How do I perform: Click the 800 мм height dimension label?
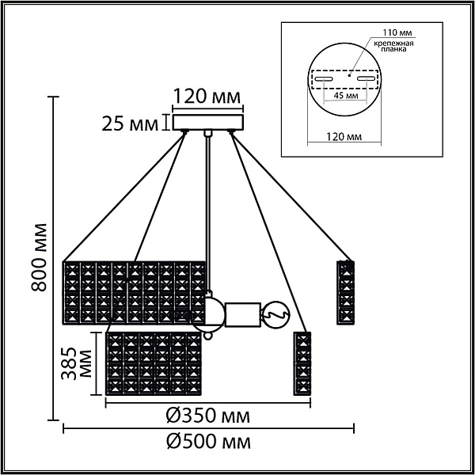40,257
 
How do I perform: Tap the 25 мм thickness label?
130,123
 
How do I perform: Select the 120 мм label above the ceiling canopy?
207,97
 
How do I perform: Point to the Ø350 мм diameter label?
208,416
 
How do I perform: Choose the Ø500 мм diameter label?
208,443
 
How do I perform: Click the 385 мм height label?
76,363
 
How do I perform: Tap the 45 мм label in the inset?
346,96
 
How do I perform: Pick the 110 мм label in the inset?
397,32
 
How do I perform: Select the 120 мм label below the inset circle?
344,137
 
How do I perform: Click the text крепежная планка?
393,46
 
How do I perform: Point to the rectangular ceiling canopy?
208,122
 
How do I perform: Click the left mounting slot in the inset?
324,79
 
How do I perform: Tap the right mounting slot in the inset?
367,78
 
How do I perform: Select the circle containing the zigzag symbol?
275,315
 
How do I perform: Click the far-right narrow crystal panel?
346,293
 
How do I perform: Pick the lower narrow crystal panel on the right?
302,363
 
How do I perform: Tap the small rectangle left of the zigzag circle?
243,315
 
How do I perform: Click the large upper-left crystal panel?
134,293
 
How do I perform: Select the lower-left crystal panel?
154,363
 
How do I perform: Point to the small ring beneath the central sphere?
207,336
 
